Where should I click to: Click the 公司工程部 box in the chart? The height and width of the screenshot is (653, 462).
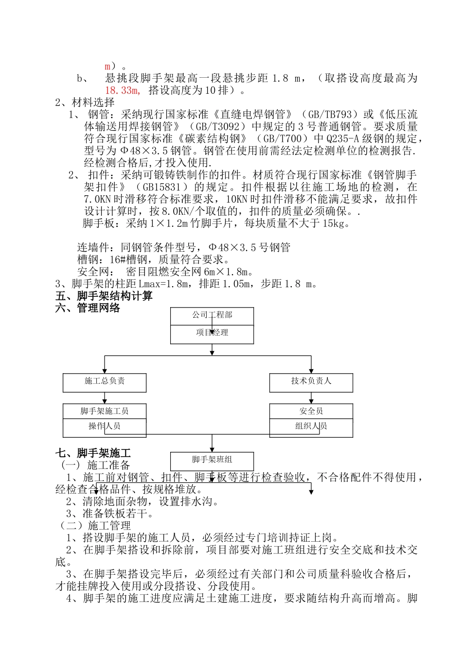[212, 315]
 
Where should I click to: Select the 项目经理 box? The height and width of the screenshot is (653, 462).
[212, 333]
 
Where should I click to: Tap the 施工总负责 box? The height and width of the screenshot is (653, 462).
[105, 381]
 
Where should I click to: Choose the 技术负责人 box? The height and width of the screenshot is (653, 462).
[311, 381]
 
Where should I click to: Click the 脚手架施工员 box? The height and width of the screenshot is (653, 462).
[105, 412]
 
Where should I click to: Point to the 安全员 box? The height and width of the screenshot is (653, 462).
[311, 412]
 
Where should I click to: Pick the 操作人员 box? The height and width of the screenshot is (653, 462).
[105, 427]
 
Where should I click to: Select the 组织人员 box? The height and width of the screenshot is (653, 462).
[311, 427]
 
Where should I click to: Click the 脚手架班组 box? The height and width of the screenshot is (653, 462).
[212, 460]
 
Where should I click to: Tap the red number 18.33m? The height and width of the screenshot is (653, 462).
[122, 90]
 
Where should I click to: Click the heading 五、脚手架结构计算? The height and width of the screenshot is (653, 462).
[104, 296]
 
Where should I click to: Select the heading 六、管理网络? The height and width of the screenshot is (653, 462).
[88, 308]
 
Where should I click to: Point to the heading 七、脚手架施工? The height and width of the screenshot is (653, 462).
[93, 453]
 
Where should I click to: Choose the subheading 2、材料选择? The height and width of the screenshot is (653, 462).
[85, 103]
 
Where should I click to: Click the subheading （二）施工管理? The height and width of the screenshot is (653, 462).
[94, 526]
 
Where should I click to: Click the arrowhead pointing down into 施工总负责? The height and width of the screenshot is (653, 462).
[105, 371]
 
